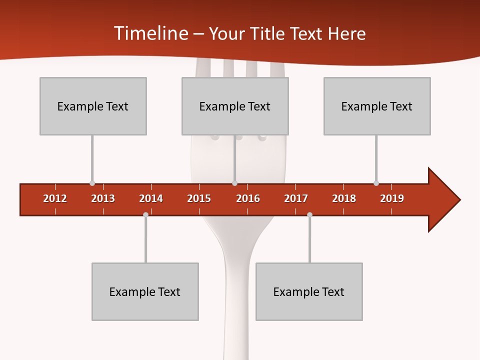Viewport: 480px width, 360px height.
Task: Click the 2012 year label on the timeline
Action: point(55,198)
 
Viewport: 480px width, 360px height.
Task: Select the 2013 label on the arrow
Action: point(103,198)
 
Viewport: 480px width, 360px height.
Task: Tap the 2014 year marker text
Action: point(151,198)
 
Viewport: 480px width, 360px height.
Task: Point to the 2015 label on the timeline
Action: point(199,198)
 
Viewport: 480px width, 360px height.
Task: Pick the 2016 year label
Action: point(248,198)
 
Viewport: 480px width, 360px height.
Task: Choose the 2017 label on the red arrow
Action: point(296,198)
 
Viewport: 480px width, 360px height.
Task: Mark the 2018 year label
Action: point(344,198)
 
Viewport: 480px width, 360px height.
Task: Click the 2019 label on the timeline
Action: point(392,198)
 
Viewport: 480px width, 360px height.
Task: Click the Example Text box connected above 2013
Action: point(93,106)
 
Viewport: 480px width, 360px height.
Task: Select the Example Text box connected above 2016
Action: point(235,106)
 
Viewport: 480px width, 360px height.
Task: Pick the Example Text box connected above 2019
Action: point(377,106)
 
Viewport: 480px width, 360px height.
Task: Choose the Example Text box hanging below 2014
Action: point(145,291)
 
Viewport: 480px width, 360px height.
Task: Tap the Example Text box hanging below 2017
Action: point(309,291)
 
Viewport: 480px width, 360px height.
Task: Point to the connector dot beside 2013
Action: point(92,183)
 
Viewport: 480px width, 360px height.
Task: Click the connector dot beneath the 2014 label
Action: point(145,214)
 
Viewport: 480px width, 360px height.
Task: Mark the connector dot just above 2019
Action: point(376,183)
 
